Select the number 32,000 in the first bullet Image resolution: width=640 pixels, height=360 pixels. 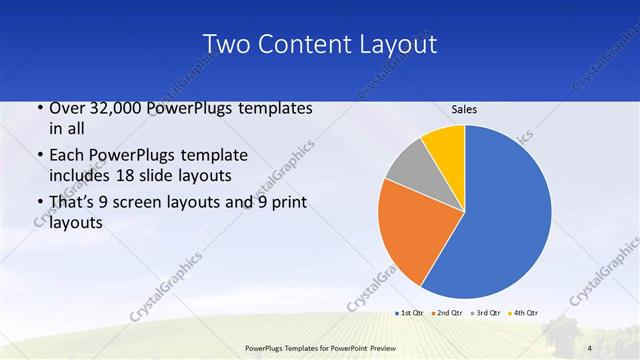pyautogui.click(x=113, y=109)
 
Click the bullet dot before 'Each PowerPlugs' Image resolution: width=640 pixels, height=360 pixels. pyautogui.click(x=39, y=157)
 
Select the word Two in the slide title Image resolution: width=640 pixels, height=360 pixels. pyautogui.click(x=225, y=45)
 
